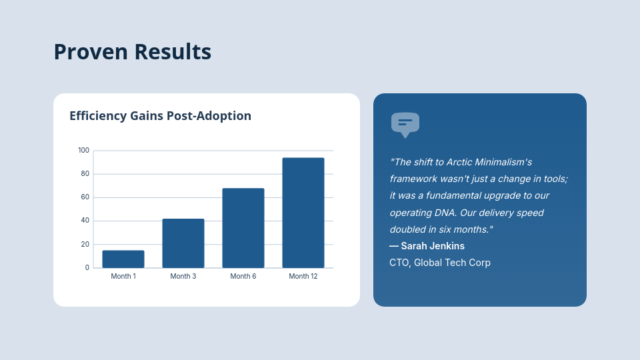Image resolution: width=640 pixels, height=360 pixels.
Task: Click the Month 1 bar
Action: click(x=123, y=259)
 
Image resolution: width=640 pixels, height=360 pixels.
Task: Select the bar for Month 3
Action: click(x=183, y=243)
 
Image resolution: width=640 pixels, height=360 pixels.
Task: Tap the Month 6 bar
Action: click(x=243, y=228)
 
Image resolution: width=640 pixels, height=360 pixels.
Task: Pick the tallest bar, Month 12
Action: click(x=303, y=213)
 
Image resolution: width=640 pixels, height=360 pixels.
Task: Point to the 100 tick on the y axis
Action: click(x=83, y=151)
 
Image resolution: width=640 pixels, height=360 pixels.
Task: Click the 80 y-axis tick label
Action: click(x=85, y=174)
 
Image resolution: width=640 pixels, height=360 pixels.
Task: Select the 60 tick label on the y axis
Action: click(x=85, y=197)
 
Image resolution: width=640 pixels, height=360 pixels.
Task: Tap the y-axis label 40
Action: click(x=85, y=221)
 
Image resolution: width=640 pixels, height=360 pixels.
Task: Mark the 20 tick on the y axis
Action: click(x=85, y=244)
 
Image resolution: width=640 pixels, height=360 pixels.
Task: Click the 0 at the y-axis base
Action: click(x=87, y=267)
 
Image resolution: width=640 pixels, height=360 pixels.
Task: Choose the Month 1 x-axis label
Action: click(x=123, y=276)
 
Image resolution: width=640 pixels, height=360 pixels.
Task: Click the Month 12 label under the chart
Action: click(x=303, y=276)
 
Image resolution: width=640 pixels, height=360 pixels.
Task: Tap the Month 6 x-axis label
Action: click(x=243, y=276)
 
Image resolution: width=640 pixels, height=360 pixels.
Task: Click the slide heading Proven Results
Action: click(x=132, y=51)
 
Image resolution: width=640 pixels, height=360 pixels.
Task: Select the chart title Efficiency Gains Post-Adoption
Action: click(x=160, y=115)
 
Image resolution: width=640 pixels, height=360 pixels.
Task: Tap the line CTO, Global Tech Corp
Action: click(x=440, y=263)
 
